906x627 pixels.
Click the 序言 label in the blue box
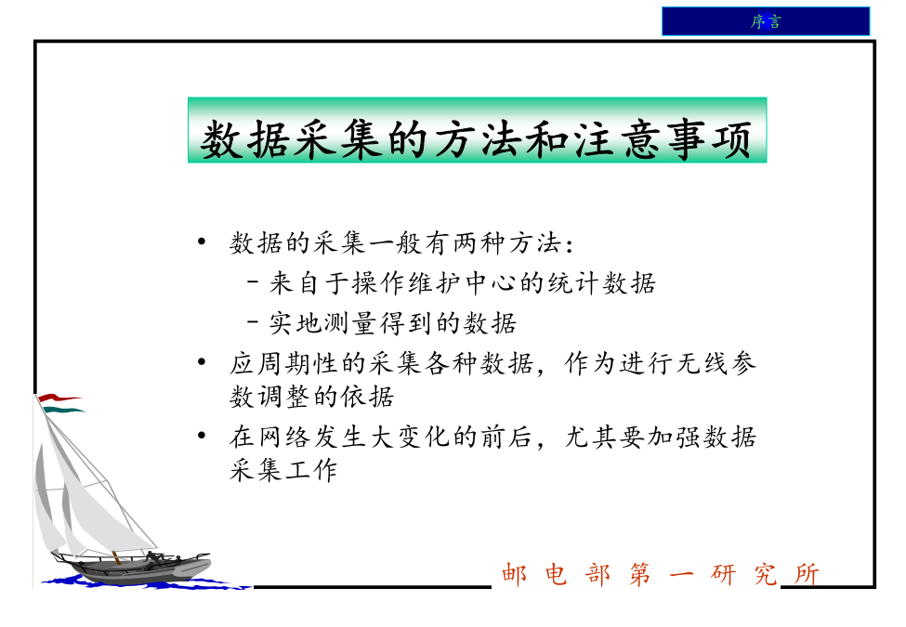click(766, 22)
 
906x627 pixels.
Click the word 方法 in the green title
click(459, 139)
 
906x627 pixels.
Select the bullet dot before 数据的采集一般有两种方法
click(201, 242)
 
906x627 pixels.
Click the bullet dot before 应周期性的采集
click(201, 362)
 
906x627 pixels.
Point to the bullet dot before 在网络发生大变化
click(201, 436)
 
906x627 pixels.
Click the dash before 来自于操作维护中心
click(253, 282)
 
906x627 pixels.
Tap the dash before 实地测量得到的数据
click(253, 321)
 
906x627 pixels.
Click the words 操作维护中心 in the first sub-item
click(435, 283)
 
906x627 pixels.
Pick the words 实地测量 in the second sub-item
click(323, 322)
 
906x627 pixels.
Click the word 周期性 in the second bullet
click(297, 363)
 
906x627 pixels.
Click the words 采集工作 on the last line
click(283, 470)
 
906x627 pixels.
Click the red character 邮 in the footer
click(514, 574)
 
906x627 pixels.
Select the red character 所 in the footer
click(807, 574)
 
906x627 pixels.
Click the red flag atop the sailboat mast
click(58, 398)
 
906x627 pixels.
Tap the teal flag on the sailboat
click(63, 410)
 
